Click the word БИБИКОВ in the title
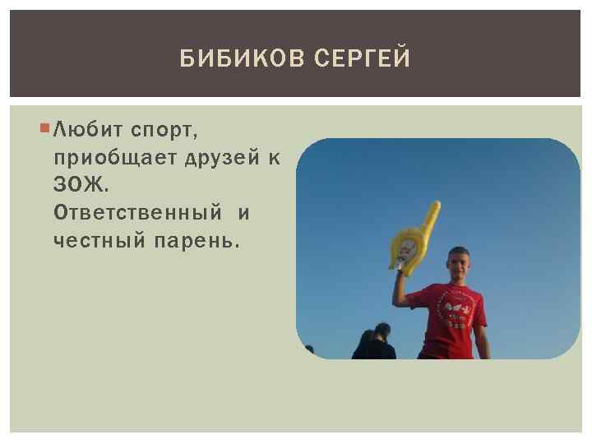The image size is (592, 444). coord(232,60)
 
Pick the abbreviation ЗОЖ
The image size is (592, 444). coord(80,185)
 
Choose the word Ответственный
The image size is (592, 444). coord(137,213)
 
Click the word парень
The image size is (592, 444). coord(198,240)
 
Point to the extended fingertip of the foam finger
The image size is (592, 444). coord(437,205)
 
